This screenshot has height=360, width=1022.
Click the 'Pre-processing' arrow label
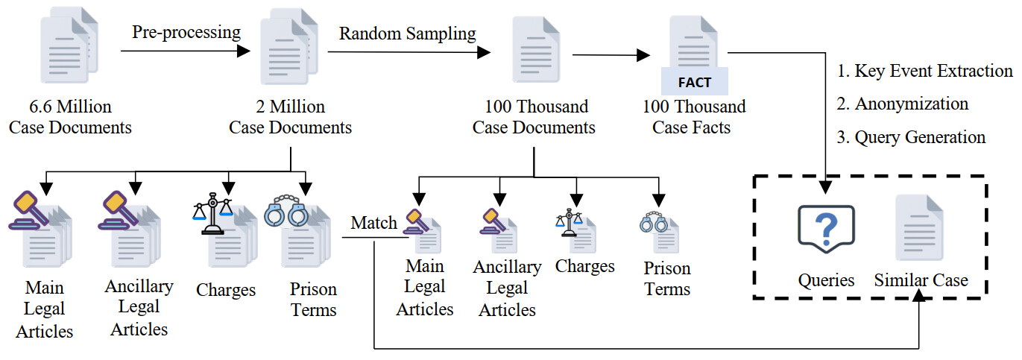click(x=186, y=32)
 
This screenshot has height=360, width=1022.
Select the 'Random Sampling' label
click(x=407, y=34)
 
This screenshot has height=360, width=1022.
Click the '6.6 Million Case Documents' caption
click(x=70, y=117)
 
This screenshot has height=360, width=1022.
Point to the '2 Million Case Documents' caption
click(x=290, y=117)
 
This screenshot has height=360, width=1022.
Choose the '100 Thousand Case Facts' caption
click(x=693, y=117)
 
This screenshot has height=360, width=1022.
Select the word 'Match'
click(x=374, y=223)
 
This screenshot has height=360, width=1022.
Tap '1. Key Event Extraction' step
click(x=924, y=71)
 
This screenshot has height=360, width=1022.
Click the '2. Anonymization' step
click(x=903, y=104)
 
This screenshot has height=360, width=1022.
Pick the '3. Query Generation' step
click(x=911, y=137)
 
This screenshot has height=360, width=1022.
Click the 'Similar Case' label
click(x=921, y=281)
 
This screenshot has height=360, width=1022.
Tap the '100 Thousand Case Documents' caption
click(x=534, y=117)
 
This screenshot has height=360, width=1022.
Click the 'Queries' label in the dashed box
click(x=826, y=281)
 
